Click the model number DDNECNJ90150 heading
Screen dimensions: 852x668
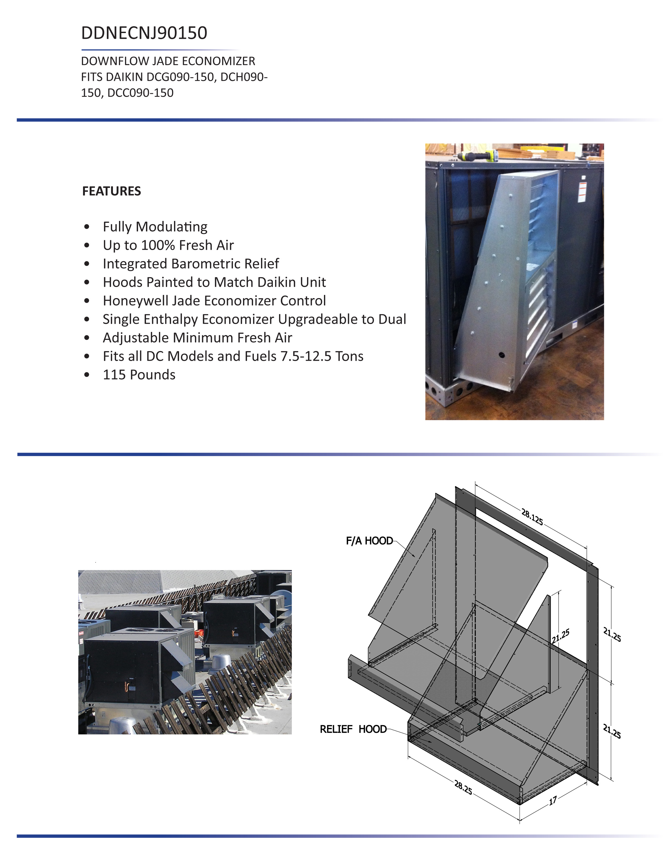(144, 33)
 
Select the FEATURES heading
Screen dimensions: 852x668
(111, 191)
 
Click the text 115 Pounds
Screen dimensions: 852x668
(139, 374)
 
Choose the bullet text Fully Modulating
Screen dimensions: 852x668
(155, 227)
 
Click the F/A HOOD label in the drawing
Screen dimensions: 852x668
(369, 541)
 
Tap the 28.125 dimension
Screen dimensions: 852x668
(532, 517)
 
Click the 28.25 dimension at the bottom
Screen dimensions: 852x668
(463, 787)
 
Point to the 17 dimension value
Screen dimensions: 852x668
(553, 801)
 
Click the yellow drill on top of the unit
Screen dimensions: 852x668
(478, 156)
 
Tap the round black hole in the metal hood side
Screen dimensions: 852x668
(501, 355)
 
